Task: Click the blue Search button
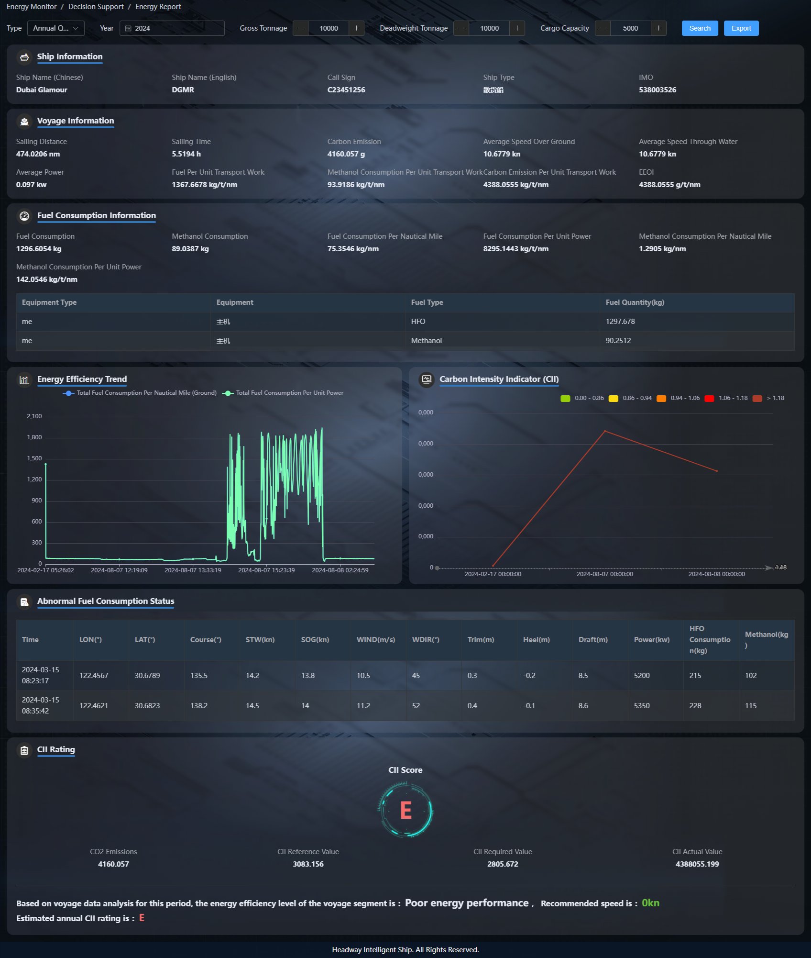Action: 700,28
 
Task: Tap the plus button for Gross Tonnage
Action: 356,28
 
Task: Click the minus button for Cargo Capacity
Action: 603,28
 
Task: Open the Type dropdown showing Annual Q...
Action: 55,28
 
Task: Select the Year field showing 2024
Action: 172,28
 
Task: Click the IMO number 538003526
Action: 657,90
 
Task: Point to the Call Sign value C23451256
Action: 346,90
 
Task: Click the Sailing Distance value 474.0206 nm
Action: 38,154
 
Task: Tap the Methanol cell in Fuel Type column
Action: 426,341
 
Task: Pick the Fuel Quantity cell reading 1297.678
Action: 620,322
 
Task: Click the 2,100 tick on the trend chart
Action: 34,416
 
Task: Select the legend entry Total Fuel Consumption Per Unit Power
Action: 289,393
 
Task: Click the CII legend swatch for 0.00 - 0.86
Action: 565,399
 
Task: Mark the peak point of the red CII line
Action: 605,431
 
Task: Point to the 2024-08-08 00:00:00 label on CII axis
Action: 716,574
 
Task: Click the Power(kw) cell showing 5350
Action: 641,706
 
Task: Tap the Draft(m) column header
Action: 593,640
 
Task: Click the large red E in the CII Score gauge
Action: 405,811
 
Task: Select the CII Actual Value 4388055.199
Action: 697,864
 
